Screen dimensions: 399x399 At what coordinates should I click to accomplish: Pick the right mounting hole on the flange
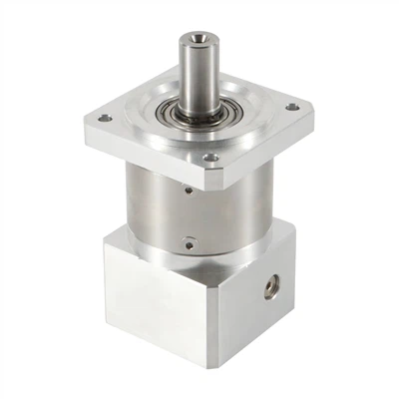pyautogui.click(x=291, y=107)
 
